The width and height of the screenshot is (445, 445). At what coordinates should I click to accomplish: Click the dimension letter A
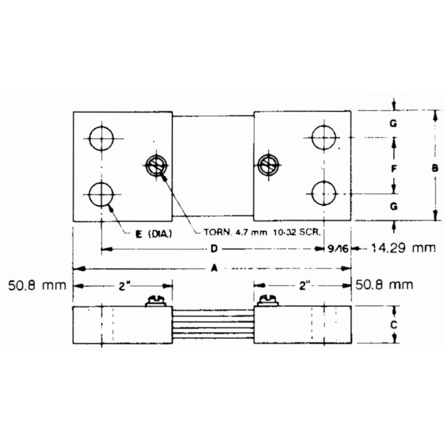pos(214,269)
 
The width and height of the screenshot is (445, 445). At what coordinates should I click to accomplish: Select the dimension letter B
pos(435,169)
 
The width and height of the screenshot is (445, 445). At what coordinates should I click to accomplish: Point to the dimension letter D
pos(214,248)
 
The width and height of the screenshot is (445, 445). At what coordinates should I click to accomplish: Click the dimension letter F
pos(394,169)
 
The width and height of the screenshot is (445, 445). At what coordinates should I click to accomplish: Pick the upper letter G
pos(393,123)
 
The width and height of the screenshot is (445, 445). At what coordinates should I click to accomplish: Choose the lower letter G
pos(394,207)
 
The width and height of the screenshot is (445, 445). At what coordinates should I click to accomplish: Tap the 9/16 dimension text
pos(337,248)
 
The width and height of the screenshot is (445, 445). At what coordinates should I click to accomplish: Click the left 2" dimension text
pos(122,286)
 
